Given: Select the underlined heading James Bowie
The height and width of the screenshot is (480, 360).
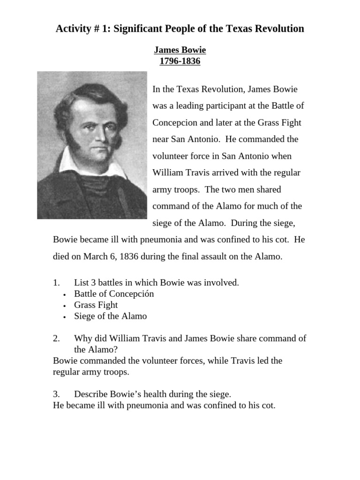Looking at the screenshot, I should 180,50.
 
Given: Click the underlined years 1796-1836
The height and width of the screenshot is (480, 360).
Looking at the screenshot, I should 180,61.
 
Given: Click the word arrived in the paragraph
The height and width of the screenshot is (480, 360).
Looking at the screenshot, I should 231,172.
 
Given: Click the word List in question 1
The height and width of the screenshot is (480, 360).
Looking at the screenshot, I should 82,282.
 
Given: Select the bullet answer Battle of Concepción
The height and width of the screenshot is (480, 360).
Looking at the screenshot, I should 114,294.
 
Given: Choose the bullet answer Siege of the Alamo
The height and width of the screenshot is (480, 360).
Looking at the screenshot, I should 110,316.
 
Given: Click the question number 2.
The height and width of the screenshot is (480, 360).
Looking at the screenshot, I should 56,338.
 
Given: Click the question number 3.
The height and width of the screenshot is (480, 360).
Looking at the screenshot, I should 56,394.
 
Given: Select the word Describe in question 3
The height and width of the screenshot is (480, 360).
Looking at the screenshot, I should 91,394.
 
